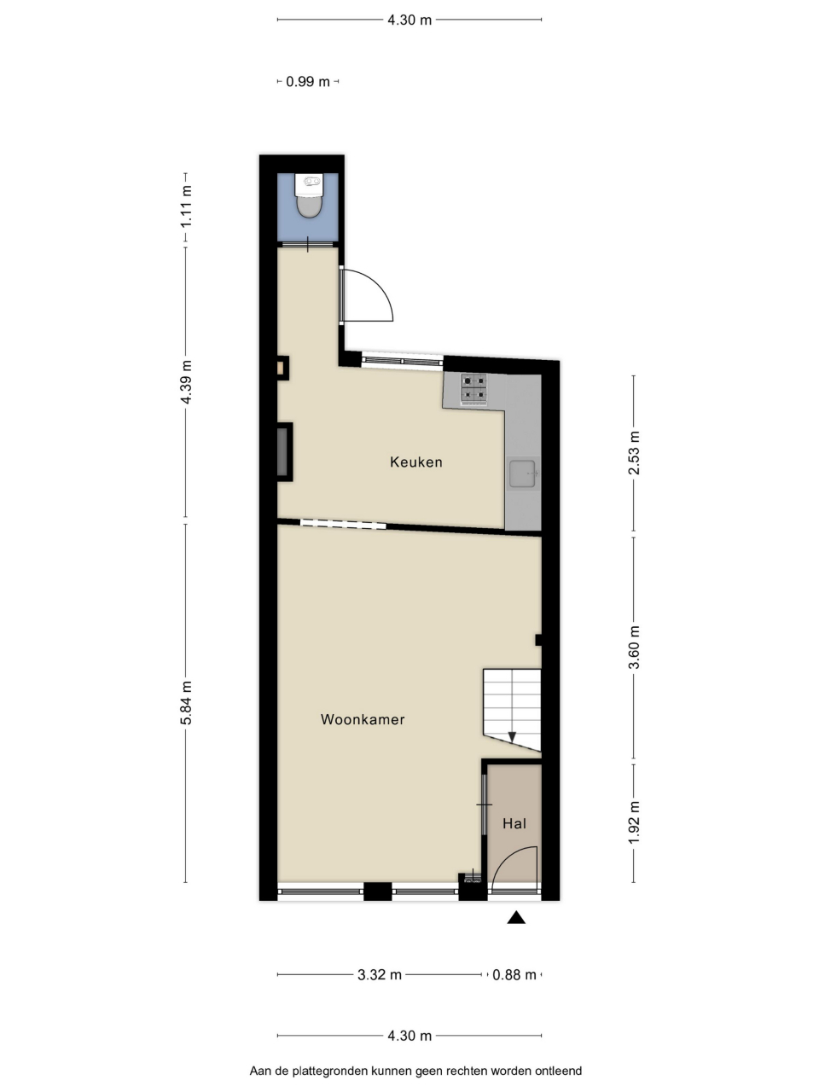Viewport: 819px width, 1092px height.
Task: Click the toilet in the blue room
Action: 309,195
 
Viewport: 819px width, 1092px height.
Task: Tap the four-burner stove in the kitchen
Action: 473,388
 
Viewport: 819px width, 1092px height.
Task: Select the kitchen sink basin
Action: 524,473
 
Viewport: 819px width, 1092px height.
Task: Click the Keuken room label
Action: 415,462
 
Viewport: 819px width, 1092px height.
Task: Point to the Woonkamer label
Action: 363,719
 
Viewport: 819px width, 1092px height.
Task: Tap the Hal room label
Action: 514,823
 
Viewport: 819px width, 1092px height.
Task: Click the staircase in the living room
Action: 512,710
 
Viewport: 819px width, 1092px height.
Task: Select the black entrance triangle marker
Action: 516,917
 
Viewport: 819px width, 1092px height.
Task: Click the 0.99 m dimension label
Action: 308,82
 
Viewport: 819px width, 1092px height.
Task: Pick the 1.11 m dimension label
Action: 186,206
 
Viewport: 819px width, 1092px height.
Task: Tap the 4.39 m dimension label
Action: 186,382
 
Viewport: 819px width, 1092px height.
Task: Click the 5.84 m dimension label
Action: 186,703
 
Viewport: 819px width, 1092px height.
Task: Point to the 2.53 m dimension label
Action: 634,453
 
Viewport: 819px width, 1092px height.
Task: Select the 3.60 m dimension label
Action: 634,648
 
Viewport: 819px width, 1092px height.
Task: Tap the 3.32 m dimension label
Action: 380,974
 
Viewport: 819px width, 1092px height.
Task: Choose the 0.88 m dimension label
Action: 514,974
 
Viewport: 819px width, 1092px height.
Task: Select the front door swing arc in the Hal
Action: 507,860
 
